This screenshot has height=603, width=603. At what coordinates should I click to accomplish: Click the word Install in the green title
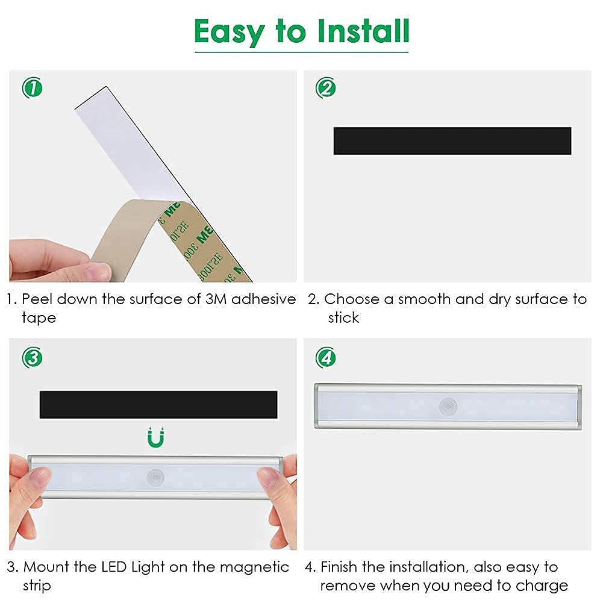(x=363, y=31)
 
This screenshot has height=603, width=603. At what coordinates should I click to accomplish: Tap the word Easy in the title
(x=229, y=33)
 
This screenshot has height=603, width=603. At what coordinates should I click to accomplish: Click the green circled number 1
(x=33, y=88)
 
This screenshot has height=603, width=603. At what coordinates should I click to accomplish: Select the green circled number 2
(x=326, y=88)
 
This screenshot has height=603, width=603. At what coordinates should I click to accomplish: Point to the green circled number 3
(x=33, y=358)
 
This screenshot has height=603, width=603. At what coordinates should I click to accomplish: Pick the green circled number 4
(x=326, y=358)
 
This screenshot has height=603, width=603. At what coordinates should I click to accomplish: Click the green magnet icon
(x=156, y=437)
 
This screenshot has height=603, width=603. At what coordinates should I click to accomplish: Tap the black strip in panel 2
(x=452, y=141)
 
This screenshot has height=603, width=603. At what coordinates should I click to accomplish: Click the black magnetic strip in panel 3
(x=158, y=405)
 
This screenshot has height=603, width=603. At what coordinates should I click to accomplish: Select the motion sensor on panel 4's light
(x=448, y=406)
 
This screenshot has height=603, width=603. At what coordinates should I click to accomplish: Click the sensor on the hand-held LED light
(x=156, y=477)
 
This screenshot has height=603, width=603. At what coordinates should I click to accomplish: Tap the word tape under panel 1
(x=39, y=319)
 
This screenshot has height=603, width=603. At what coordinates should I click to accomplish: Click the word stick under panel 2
(x=343, y=317)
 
